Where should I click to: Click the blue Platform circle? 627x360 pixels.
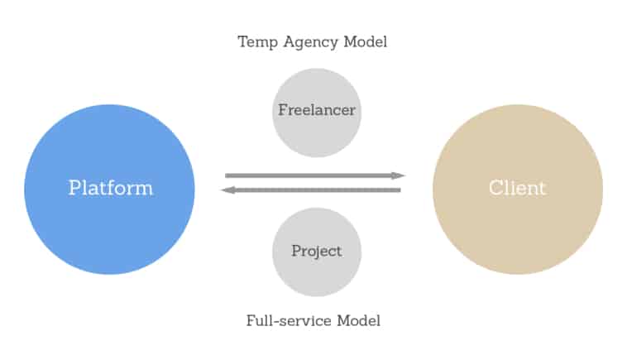(x=109, y=190)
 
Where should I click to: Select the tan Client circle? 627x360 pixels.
(x=518, y=190)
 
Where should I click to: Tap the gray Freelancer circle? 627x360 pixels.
(x=317, y=113)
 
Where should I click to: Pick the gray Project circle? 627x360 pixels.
(x=317, y=252)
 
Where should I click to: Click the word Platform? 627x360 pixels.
(x=111, y=188)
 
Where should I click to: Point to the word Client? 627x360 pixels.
(x=518, y=188)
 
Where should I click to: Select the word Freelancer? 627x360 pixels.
(x=317, y=110)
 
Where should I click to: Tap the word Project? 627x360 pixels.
(x=317, y=252)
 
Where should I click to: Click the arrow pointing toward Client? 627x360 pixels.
(x=315, y=175)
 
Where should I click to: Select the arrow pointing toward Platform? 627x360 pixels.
(x=311, y=190)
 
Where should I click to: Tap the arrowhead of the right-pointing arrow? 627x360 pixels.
(x=398, y=175)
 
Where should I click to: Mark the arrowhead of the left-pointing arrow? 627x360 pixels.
(x=227, y=190)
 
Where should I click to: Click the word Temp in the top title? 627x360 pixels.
(x=257, y=42)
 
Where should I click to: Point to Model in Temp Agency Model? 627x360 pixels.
(x=366, y=41)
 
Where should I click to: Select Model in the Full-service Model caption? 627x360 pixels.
(x=359, y=321)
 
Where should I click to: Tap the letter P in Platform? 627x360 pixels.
(x=74, y=188)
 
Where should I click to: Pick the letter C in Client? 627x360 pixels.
(x=495, y=188)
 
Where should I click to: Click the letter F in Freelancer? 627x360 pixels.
(x=283, y=110)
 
